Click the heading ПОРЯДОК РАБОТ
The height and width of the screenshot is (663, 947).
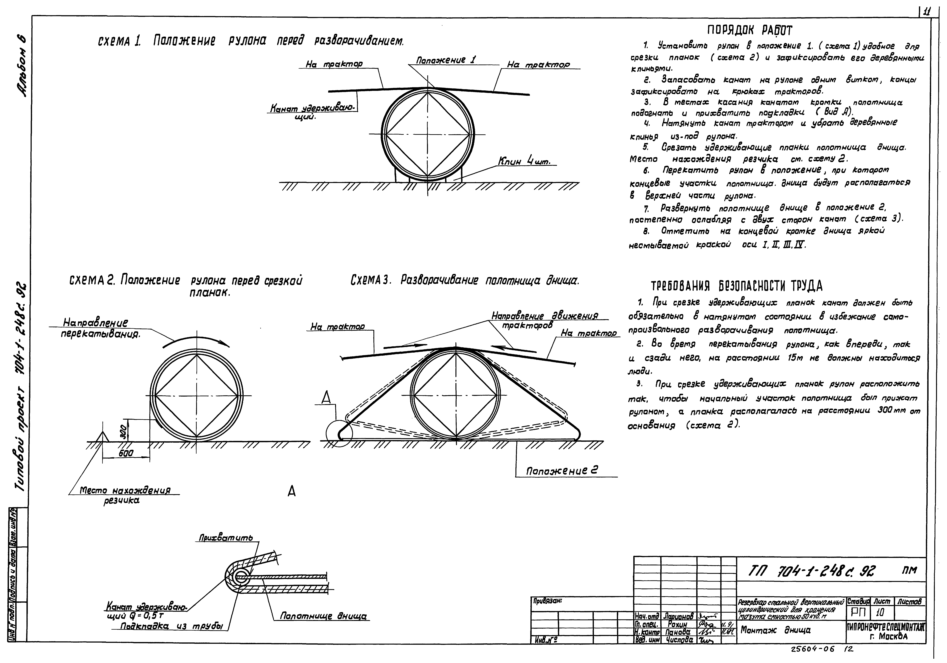pos(750,30)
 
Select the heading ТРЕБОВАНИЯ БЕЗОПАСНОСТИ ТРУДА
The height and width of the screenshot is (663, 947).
pos(737,286)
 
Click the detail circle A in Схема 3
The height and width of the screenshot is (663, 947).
pos(339,434)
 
